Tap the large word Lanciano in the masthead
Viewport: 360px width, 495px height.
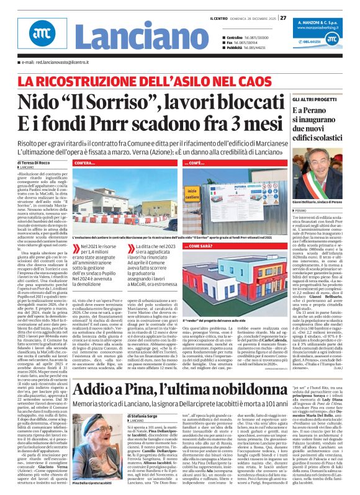[x=115, y=42]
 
